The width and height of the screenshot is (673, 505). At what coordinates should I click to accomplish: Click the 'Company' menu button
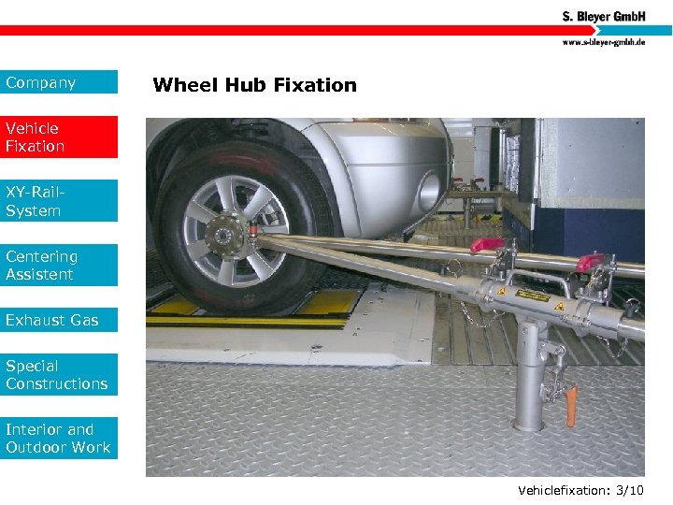[59, 82]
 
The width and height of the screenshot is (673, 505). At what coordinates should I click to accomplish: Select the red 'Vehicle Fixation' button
[59, 137]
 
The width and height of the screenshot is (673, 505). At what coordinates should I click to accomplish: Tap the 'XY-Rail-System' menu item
[59, 201]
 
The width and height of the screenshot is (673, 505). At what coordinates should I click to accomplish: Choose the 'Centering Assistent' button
[59, 265]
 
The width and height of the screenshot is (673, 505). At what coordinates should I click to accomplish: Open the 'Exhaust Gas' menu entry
[59, 320]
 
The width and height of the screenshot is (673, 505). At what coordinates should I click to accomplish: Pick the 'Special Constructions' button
[59, 375]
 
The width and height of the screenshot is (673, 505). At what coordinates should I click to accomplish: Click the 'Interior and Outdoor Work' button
[59, 439]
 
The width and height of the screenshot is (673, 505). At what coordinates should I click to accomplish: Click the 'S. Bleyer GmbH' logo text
[603, 16]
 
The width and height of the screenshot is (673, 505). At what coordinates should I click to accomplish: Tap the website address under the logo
[603, 42]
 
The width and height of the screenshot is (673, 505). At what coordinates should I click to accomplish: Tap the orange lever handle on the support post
[570, 404]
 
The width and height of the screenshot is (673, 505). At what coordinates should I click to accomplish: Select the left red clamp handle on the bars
[487, 245]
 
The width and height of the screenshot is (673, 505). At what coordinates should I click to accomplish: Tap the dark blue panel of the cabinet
[598, 234]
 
